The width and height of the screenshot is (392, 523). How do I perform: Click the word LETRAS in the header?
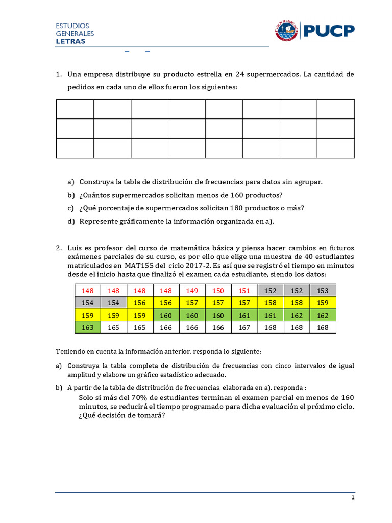pos(70,41)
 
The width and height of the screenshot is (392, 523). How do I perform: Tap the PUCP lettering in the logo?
pos(329,31)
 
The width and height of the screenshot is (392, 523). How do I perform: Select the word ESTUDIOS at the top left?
pos(72,26)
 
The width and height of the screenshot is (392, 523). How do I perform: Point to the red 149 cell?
pos(192,291)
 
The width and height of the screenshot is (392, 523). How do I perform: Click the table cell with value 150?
pos(218,291)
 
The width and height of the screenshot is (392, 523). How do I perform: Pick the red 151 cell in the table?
pos(244,291)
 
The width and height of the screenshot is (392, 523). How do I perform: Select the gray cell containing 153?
pos(323,291)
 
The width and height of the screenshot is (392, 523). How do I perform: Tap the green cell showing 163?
pos(87,327)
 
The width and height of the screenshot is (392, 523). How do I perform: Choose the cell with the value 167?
pos(244,327)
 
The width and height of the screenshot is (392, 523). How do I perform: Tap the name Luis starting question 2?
pos(75,247)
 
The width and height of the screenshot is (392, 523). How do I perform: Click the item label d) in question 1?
pos(70,221)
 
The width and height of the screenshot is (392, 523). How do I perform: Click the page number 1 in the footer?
pos(352,498)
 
